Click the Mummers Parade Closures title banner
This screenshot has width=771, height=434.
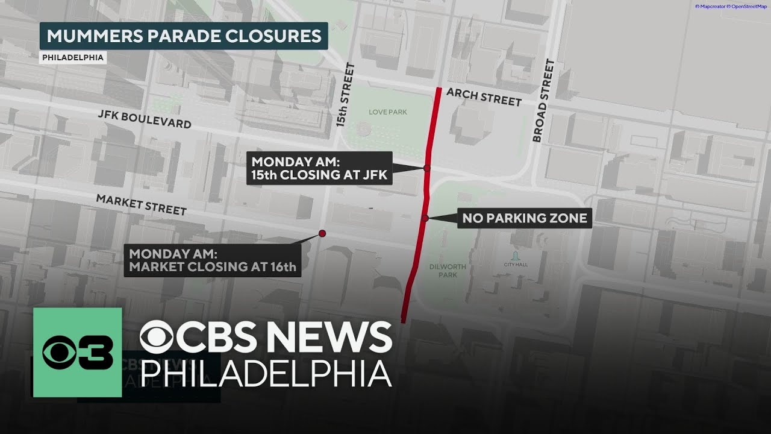click(184, 36)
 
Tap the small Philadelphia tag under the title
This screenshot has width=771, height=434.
click(73, 58)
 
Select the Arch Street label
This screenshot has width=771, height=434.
click(484, 97)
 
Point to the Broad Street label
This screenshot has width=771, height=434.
click(542, 101)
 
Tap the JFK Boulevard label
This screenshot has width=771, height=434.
click(145, 119)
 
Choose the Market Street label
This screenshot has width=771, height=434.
click(142, 204)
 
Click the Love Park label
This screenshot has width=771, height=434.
click(388, 112)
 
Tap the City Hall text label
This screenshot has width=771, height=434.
click(516, 264)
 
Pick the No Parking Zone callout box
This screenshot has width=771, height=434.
click(525, 218)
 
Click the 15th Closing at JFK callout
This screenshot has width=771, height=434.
click(319, 168)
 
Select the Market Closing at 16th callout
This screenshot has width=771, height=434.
click(213, 260)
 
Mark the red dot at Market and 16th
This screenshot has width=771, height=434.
click(322, 233)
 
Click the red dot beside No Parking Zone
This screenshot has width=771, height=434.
click(425, 218)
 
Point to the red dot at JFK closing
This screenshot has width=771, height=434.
click(426, 168)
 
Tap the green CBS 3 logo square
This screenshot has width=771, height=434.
click(78, 353)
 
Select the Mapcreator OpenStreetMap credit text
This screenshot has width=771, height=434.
click(731, 7)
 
